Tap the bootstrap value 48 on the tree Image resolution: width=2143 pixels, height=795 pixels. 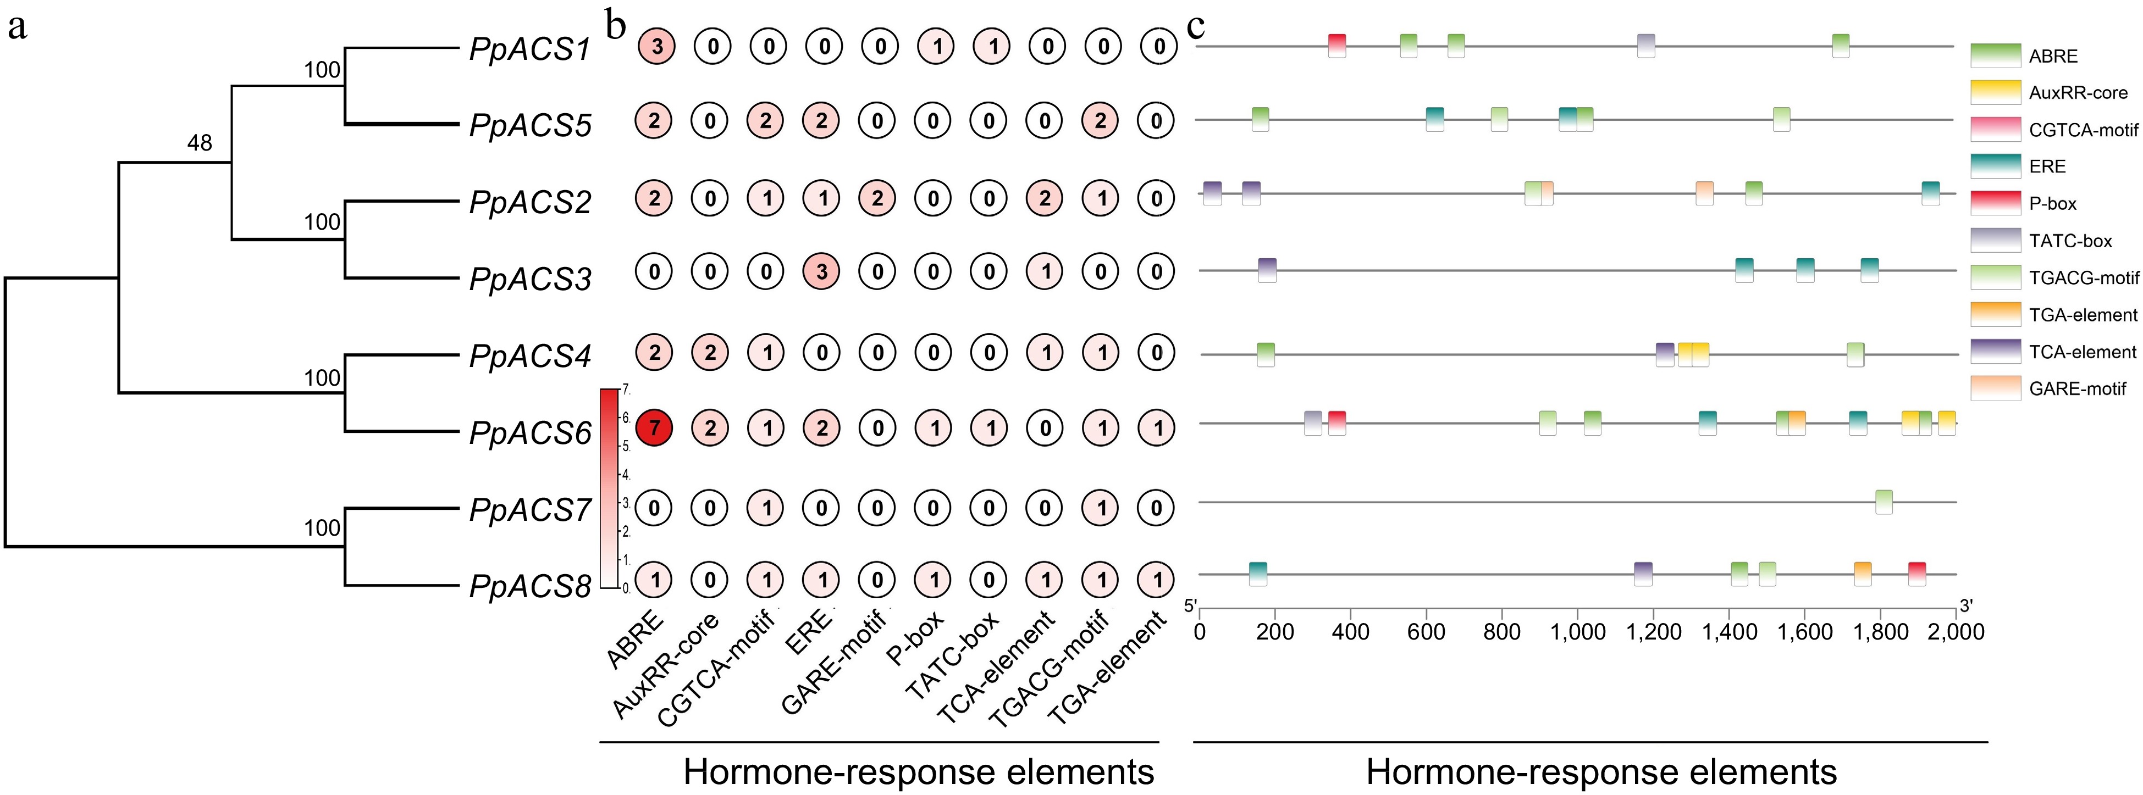(200, 143)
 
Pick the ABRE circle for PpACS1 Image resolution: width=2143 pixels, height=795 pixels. (657, 47)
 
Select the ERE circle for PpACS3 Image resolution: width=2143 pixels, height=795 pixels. (822, 271)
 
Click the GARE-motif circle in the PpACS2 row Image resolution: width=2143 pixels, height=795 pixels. (877, 198)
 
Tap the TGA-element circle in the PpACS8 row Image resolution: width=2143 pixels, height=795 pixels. (1156, 580)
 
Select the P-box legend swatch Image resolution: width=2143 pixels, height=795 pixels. (1995, 203)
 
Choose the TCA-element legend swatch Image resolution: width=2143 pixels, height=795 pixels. (1995, 351)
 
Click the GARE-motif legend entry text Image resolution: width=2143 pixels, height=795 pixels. (2077, 388)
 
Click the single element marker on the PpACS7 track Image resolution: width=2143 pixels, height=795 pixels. (1884, 502)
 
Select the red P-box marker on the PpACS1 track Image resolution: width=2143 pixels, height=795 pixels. (1337, 46)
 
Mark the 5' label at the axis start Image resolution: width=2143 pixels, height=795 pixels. (1190, 605)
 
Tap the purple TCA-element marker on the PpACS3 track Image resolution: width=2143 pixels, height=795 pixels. (1267, 270)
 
